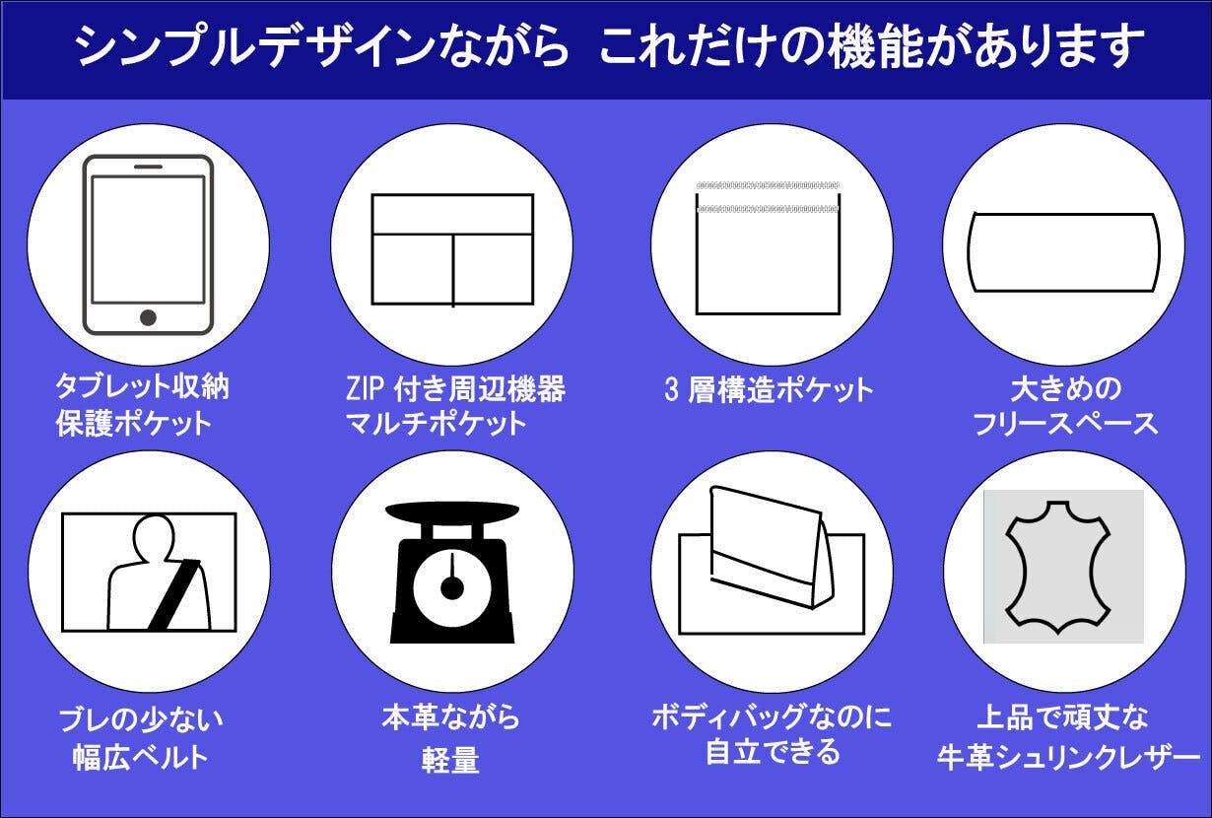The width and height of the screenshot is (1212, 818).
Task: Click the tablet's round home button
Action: (148, 317)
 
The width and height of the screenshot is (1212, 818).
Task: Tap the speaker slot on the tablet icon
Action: (148, 167)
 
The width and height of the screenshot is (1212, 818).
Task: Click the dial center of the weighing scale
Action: (452, 588)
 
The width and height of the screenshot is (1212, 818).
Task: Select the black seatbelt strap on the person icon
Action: (174, 594)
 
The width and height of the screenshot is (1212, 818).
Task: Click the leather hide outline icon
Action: (1058, 567)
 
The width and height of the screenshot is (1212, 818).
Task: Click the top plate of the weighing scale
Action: (452, 512)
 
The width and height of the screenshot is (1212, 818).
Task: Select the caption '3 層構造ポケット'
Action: (769, 389)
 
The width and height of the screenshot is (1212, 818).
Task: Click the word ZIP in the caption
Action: (366, 388)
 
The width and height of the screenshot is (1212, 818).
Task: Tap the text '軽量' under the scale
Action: (450, 759)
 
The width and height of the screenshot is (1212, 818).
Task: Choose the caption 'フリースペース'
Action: (1065, 423)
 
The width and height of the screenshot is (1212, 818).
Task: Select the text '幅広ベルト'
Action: (140, 756)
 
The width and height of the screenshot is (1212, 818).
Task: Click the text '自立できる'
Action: (773, 752)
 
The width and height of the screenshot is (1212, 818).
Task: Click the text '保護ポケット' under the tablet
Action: (133, 423)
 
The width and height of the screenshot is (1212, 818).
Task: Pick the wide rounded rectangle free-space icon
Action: (1064, 252)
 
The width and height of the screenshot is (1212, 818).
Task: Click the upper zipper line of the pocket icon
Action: (768, 185)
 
